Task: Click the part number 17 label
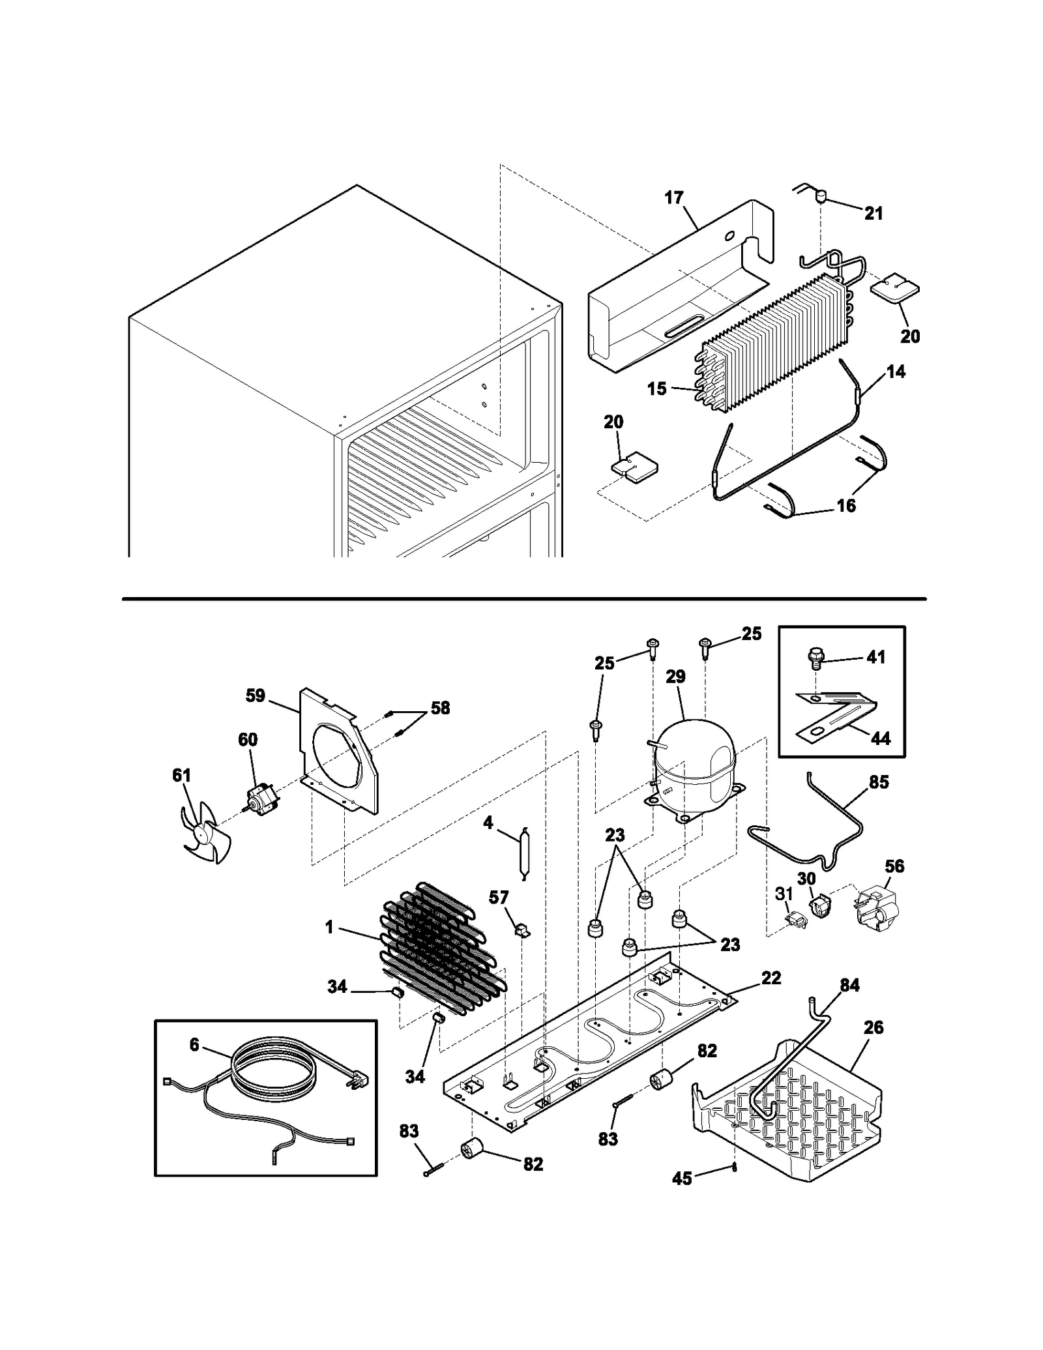tap(674, 198)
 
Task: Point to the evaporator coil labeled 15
tap(769, 346)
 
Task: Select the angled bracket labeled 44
tap(841, 717)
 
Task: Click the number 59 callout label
tap(255, 696)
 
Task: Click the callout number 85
tap(879, 782)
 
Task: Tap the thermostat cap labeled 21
tap(821, 194)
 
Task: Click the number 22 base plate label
tap(771, 996)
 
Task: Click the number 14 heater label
tap(896, 372)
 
